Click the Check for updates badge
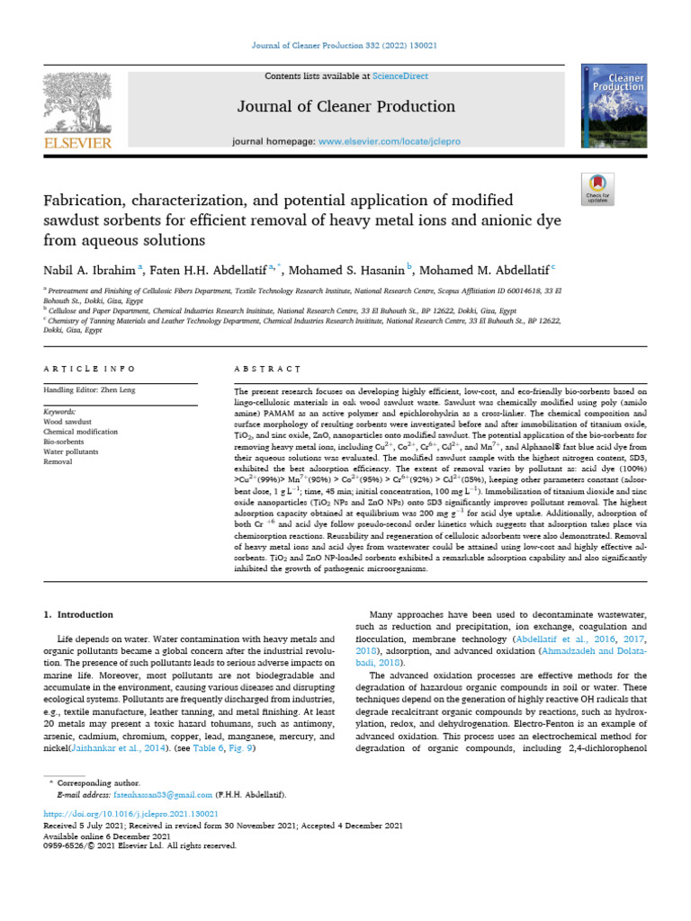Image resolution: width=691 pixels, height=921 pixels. coord(597,186)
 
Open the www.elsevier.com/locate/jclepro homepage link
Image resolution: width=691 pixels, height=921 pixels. coord(388,142)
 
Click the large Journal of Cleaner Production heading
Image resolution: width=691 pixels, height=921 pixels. coord(346,108)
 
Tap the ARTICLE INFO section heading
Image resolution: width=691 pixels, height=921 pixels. coord(89,369)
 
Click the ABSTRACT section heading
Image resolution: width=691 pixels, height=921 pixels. coord(267,369)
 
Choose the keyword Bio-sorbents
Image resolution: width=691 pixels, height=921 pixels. coord(65,442)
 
